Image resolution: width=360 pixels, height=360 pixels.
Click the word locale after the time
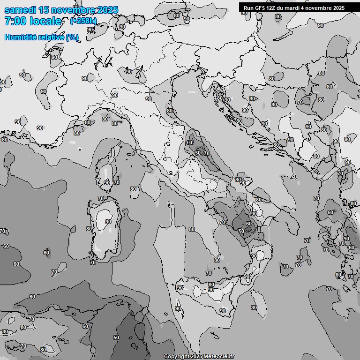pos(45,21)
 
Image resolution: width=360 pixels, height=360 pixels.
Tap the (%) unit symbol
pos(72,37)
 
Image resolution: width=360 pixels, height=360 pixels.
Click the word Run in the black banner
pos(249,7)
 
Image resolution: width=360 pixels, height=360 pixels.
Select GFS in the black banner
pos(261,7)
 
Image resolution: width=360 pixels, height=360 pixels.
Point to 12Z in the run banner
pos(274,7)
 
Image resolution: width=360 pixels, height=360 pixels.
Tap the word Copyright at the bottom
pos(177,356)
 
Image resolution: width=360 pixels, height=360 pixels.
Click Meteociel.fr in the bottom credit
pos(219,356)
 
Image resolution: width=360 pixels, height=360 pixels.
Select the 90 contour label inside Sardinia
pos(108,222)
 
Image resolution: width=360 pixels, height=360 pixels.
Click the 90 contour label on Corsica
pos(107,183)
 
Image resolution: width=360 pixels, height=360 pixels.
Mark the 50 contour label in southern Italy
pos(241,231)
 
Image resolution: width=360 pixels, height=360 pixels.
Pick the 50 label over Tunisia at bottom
pos(116,337)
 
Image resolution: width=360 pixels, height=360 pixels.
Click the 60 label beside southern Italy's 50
pos(248,224)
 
